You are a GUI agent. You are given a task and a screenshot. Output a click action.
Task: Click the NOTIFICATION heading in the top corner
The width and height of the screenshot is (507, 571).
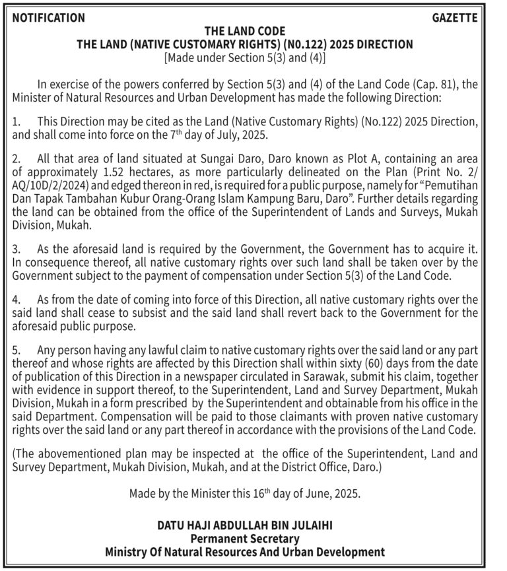[48, 18]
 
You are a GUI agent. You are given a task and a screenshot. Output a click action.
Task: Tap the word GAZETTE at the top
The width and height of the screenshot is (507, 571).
[455, 18]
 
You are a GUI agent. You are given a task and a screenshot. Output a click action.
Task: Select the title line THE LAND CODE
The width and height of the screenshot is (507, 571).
[245, 31]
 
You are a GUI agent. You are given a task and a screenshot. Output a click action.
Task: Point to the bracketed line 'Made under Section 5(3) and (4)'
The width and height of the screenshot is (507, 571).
[245, 57]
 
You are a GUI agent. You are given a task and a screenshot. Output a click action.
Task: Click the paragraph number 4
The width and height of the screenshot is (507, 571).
[17, 300]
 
